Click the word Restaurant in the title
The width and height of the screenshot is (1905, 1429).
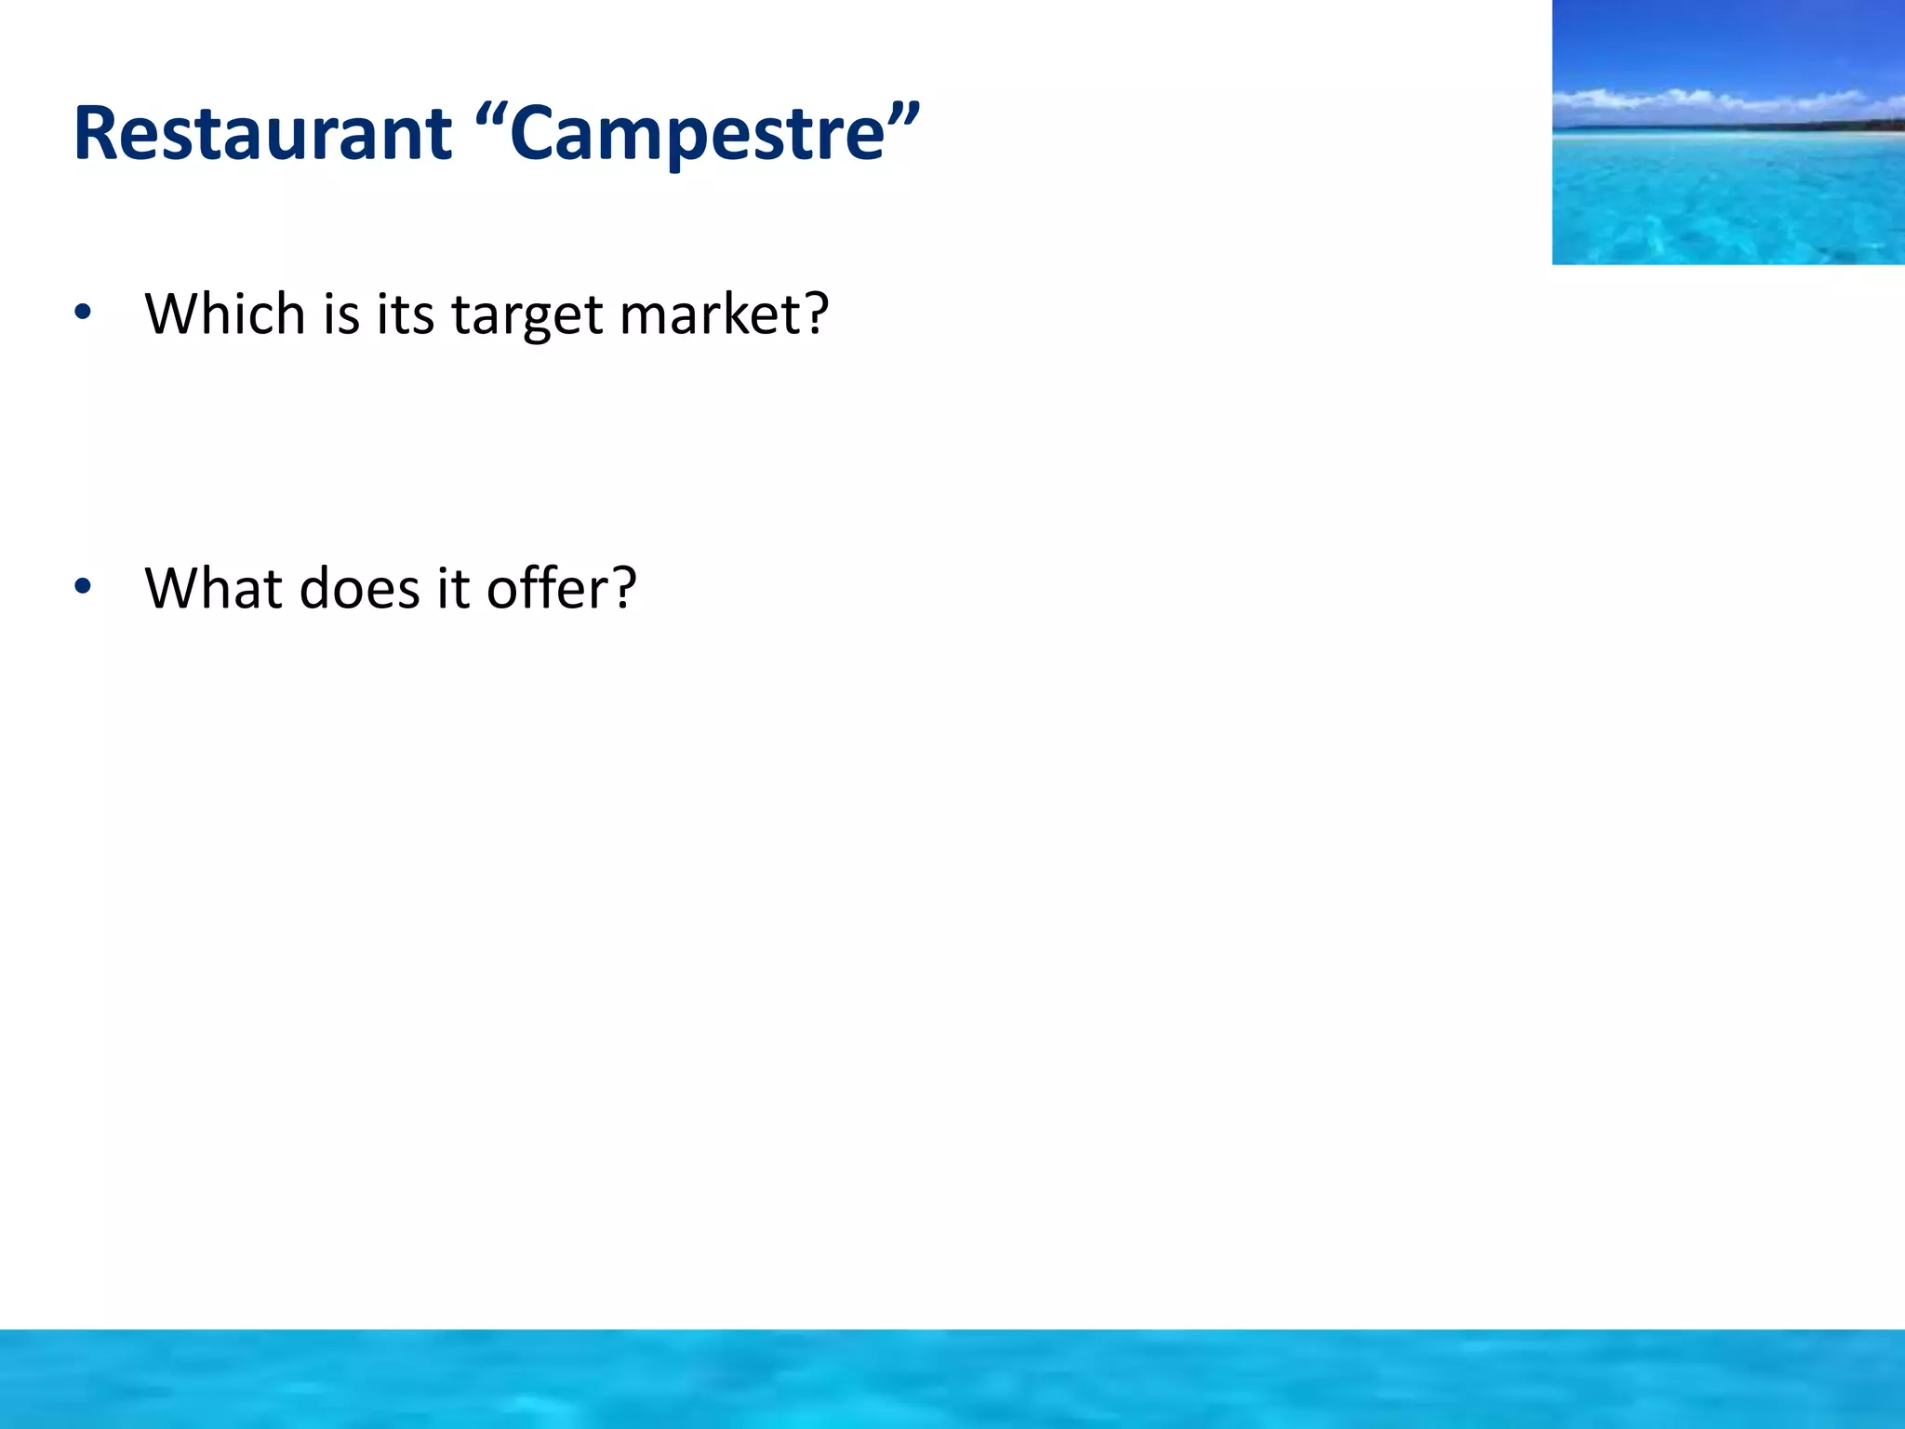262,134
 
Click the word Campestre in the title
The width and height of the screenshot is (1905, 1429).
698,136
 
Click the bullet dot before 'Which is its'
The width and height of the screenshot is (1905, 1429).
83,314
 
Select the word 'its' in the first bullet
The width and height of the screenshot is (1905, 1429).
406,314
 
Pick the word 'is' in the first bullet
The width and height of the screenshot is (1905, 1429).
341,314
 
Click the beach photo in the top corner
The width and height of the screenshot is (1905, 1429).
1728,132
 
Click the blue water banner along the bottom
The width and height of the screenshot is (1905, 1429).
952,1379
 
